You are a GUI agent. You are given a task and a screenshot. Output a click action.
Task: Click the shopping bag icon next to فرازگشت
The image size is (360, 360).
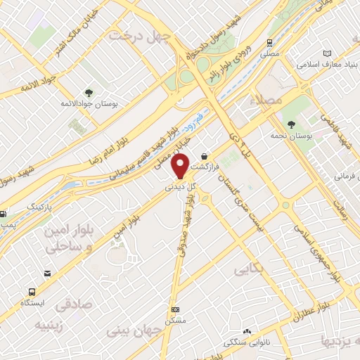point(205,156)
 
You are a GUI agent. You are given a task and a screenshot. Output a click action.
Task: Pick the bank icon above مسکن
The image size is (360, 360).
point(176,309)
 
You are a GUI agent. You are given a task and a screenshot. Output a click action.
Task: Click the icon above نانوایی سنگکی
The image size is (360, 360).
point(247,332)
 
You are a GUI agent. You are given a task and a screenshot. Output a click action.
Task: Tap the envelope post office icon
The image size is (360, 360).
point(46,273)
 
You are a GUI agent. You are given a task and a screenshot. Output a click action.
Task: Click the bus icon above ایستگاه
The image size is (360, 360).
point(32,291)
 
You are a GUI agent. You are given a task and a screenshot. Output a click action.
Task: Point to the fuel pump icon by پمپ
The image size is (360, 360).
point(3,214)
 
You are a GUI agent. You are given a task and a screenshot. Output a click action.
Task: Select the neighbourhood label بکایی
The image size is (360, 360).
point(250,268)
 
